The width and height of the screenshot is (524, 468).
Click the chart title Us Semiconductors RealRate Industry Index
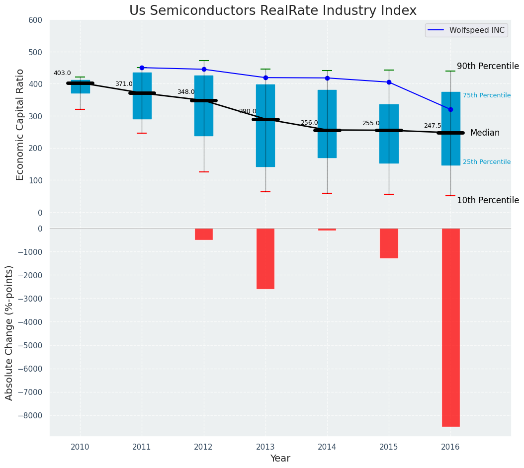point(273,11)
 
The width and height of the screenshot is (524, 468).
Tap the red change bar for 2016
point(450,327)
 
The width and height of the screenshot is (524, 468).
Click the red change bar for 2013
point(265,258)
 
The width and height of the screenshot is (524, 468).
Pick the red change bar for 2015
point(389,243)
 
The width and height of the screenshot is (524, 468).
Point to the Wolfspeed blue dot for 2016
point(450,109)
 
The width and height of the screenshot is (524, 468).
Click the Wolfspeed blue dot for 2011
point(142,68)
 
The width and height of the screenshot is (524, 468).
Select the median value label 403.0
point(62,73)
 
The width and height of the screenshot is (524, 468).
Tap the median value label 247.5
point(433,126)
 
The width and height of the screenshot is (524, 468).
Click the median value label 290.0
point(248,112)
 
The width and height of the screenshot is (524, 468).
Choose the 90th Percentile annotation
point(488,67)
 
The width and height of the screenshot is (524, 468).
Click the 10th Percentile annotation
point(488,201)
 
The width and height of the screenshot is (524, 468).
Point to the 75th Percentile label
point(487,95)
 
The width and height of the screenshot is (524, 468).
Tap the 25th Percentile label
point(487,162)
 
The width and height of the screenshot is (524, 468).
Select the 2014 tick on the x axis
point(327,447)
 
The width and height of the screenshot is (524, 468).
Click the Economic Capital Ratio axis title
point(20,124)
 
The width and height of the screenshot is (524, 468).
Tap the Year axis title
point(280,459)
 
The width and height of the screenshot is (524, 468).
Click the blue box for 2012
point(204,106)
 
